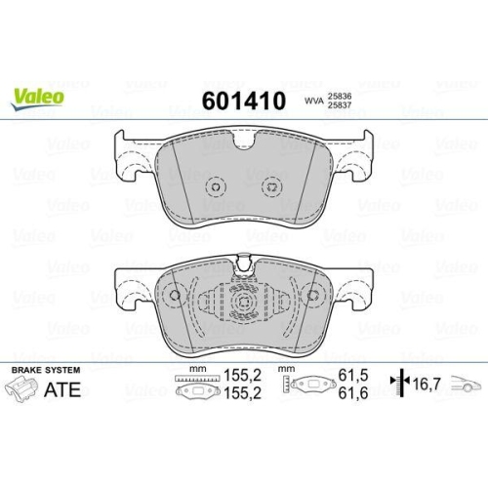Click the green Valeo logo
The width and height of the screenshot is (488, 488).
(x=38, y=95)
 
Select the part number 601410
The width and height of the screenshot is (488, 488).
(x=243, y=102)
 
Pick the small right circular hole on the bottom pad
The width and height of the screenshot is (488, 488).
(x=313, y=297)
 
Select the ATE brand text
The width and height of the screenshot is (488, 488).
(x=61, y=391)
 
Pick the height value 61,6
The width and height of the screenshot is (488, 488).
(x=349, y=392)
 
